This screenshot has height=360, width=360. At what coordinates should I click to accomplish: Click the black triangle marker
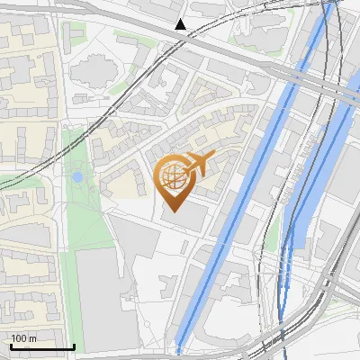181,24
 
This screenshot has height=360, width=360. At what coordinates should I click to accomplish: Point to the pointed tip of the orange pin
173,210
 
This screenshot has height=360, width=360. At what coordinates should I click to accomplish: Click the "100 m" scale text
23,338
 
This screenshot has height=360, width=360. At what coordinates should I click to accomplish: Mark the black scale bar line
42,346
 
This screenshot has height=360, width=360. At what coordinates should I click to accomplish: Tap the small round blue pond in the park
77,177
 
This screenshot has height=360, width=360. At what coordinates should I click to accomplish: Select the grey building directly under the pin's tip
184,220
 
